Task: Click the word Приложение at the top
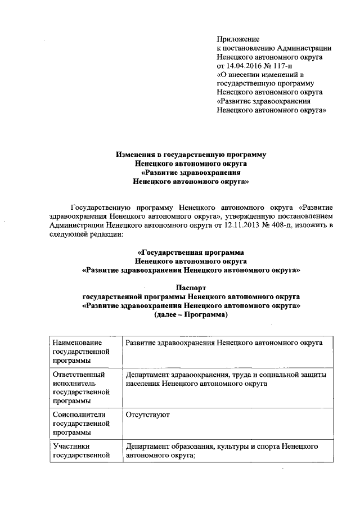[238, 39]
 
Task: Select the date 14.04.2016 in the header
[245, 66]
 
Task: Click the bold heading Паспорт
[191, 287]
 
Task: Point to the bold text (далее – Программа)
[191, 314]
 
